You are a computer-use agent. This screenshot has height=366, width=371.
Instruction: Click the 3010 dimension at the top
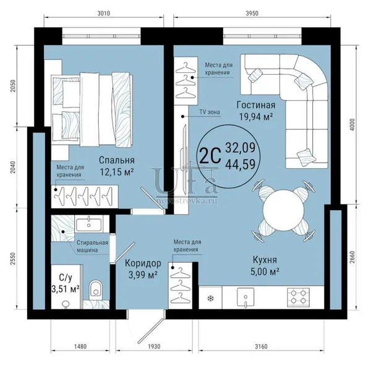tap(104, 13)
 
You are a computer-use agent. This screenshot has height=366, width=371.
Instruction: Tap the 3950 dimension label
tap(252, 13)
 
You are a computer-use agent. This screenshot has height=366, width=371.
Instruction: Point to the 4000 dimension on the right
tap(352, 125)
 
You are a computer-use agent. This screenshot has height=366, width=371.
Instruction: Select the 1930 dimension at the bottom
tap(154, 347)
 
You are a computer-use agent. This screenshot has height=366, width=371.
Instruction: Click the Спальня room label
tap(117, 160)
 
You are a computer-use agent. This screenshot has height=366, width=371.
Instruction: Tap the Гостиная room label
tap(256, 105)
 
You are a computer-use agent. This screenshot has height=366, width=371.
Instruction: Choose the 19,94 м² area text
tap(256, 117)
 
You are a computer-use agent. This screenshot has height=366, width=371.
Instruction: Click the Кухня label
tap(265, 260)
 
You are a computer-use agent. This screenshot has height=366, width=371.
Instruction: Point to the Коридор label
tap(143, 263)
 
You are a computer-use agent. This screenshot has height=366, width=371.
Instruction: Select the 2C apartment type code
tap(210, 155)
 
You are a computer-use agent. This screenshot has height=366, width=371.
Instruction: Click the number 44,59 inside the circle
tap(241, 164)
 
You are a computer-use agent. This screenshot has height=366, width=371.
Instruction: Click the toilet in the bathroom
tap(96, 289)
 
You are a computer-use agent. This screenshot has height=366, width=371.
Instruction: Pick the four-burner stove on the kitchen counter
tap(298, 297)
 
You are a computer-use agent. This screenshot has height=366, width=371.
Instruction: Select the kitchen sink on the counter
tap(245, 297)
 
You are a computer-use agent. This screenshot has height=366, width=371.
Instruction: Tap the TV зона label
tap(210, 112)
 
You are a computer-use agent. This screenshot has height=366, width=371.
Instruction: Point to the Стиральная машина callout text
tap(92, 246)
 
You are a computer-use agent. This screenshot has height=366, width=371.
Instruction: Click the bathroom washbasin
tap(88, 223)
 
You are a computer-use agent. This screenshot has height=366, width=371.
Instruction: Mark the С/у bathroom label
tap(66, 278)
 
